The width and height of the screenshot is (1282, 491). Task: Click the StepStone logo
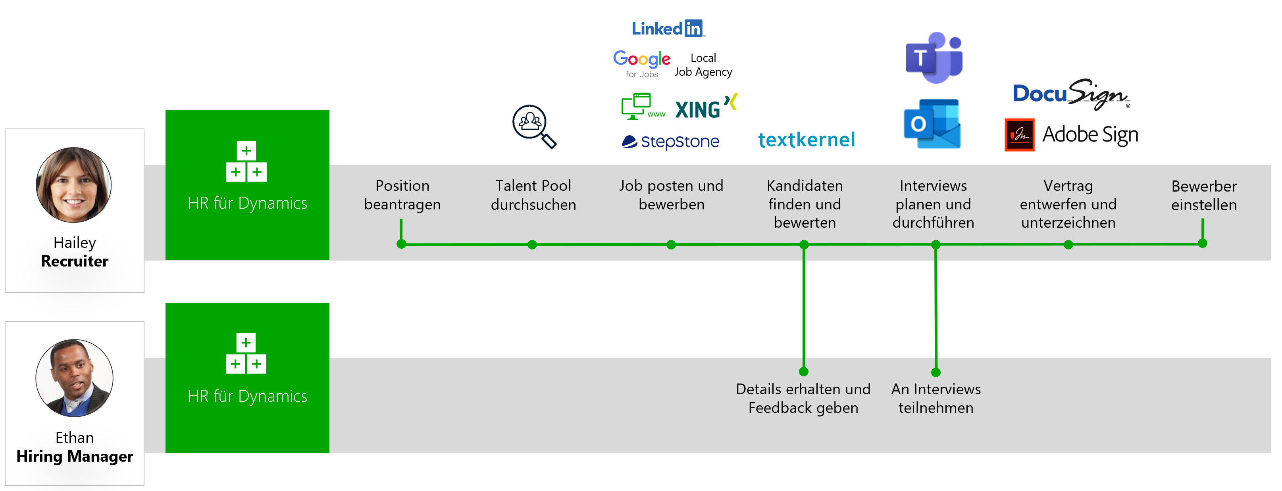(670, 142)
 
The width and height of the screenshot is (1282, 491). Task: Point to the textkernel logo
(806, 140)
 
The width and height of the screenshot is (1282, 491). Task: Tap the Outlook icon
(932, 124)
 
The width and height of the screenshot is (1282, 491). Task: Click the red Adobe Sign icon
(1019, 135)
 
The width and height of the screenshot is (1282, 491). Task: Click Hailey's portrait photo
(74, 184)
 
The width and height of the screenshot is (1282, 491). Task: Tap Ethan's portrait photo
(74, 378)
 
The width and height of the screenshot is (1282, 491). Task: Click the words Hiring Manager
(75, 456)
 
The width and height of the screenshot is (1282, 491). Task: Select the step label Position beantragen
(402, 194)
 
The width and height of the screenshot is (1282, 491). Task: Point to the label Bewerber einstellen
(1203, 195)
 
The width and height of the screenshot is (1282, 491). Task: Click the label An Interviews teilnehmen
(936, 398)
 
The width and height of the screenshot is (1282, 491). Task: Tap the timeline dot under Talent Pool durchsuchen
(532, 244)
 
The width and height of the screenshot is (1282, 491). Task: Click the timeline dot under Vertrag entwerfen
(1068, 244)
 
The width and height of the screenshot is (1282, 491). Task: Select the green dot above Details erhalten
(803, 371)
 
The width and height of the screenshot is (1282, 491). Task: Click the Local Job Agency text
(703, 65)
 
